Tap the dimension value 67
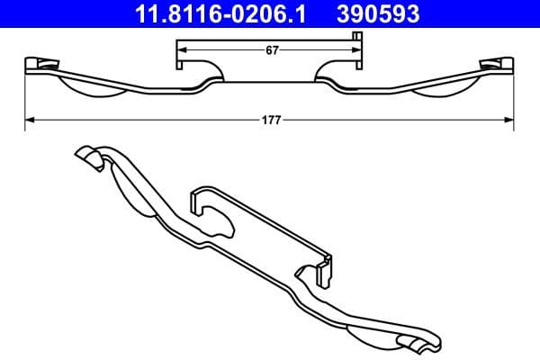click(x=269, y=51)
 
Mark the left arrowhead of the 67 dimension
click(x=179, y=51)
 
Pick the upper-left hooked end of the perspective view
click(x=86, y=157)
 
